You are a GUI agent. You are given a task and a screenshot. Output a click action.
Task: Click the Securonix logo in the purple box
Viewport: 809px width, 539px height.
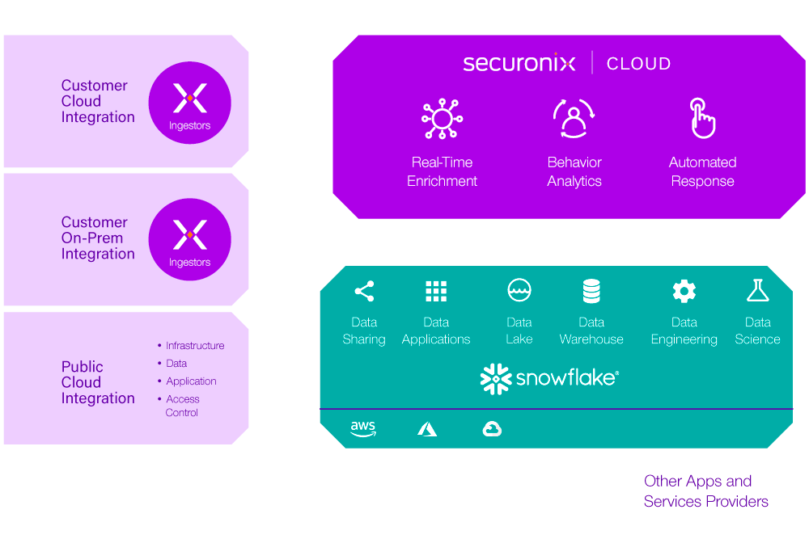click(x=519, y=63)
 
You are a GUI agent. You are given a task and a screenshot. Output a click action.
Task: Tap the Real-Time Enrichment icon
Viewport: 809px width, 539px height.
click(x=442, y=119)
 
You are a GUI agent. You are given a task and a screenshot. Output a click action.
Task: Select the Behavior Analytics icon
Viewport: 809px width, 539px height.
click(x=574, y=119)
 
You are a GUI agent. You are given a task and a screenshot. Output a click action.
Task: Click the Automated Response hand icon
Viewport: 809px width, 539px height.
click(x=701, y=118)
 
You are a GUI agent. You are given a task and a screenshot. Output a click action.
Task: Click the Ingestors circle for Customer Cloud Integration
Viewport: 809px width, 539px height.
click(x=190, y=103)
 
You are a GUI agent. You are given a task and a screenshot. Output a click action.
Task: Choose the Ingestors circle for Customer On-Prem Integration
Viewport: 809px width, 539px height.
click(x=190, y=239)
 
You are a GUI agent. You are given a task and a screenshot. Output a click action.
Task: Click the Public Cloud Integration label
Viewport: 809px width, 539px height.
click(x=98, y=382)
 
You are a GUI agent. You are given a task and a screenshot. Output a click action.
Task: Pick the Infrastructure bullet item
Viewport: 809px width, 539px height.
click(x=194, y=346)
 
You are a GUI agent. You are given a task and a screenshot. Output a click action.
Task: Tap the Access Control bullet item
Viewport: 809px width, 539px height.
click(x=182, y=406)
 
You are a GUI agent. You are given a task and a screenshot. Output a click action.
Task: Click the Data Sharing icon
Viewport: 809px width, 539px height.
click(x=364, y=291)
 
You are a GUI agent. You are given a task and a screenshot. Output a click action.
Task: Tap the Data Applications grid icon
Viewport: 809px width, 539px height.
click(x=436, y=291)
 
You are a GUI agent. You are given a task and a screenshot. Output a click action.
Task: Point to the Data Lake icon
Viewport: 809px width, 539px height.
click(x=519, y=291)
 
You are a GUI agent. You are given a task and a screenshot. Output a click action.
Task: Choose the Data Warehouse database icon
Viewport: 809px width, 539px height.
click(x=591, y=291)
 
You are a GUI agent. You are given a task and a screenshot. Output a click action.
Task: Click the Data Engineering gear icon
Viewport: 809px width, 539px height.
click(x=684, y=291)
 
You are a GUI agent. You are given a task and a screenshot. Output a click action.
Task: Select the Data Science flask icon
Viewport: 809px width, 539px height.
click(x=757, y=291)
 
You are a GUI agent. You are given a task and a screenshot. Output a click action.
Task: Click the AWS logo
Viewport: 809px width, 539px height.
click(x=362, y=429)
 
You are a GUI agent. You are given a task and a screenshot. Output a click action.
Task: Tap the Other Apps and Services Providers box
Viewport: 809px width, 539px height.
click(x=705, y=491)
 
